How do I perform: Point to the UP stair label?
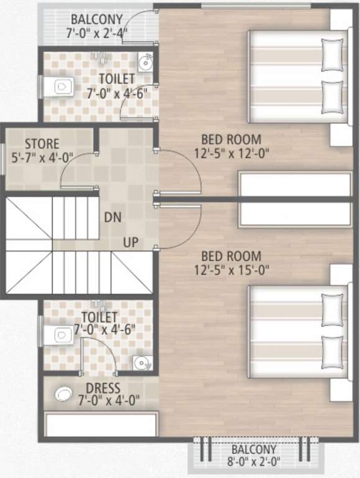131,241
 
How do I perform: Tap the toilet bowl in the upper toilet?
62,87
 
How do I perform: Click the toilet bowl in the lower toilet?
60,334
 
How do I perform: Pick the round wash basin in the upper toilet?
145,62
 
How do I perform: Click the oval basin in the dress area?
63,394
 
